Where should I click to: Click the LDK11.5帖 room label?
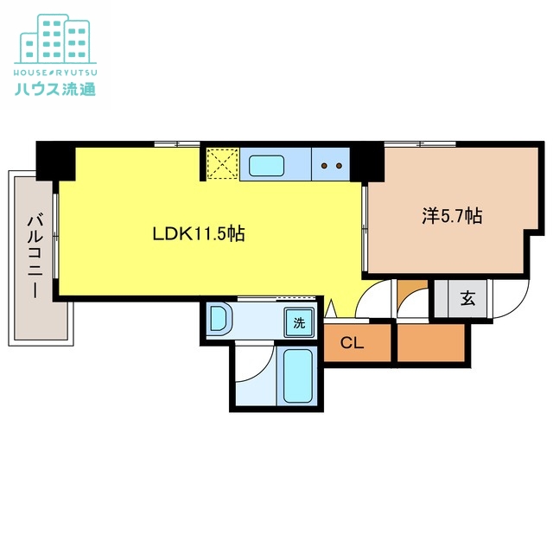coord(199,233)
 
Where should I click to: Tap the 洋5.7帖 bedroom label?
coord(452,216)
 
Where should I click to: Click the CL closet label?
coord(352,343)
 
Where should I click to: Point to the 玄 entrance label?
coord(467,298)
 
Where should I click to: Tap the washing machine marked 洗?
coord(299,322)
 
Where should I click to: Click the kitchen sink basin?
coord(266,165)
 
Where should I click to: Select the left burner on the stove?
coord(324,165)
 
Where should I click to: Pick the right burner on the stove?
coord(339,165)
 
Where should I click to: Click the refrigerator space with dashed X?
coord(223,164)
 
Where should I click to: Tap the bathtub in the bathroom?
coord(297,375)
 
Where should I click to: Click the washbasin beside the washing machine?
coord(219,318)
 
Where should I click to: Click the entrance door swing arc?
coord(518,306)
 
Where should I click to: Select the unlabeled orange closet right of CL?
coord(431,342)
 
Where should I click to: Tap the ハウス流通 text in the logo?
coord(55,88)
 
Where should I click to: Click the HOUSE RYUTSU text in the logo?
coord(55,73)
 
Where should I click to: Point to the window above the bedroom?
coord(420,144)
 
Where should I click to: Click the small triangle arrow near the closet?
coord(330,308)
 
